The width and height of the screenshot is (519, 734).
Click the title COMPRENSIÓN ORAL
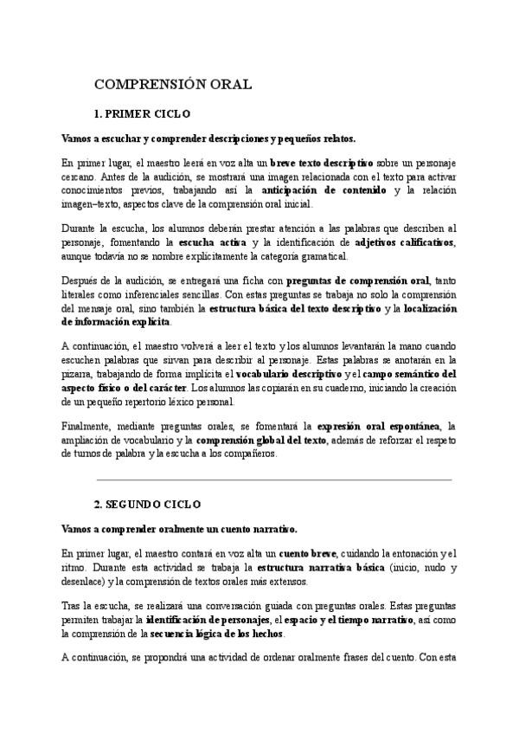point(172,84)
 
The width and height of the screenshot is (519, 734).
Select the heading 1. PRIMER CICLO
point(142,113)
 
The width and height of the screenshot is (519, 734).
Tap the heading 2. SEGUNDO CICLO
point(147,503)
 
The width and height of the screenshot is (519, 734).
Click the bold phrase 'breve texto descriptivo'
point(321,163)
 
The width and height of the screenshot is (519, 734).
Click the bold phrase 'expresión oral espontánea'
point(379,426)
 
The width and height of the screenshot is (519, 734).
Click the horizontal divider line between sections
point(274,479)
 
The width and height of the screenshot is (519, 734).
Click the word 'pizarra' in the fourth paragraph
point(76,374)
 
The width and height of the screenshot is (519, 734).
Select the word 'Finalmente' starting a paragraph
point(86,426)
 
